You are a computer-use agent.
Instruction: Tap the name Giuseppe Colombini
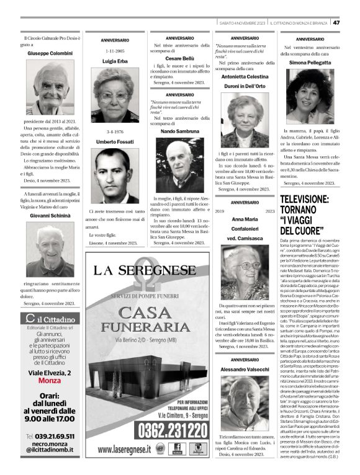50,54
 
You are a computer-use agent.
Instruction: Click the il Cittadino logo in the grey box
49,319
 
